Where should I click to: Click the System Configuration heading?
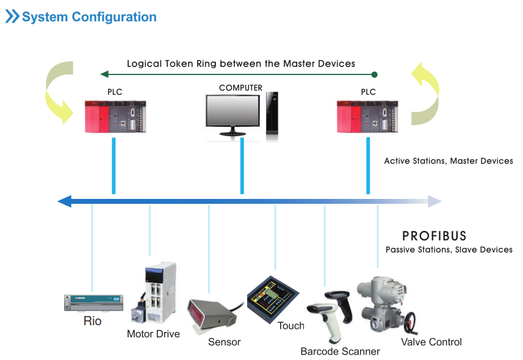[x=89, y=16]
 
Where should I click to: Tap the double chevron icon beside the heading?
[x=12, y=16]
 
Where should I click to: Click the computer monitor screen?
[x=233, y=110]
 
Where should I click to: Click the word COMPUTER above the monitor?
[x=240, y=88]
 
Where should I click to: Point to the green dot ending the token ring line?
[x=374, y=74]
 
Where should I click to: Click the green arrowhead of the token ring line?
[x=104, y=74]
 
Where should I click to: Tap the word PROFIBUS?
[x=434, y=236]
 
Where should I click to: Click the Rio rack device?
[x=94, y=303]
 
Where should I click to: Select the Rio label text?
[x=92, y=321]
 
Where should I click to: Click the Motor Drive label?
[x=153, y=334]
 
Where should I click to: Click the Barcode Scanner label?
[x=340, y=351]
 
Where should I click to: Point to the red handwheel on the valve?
[x=410, y=322]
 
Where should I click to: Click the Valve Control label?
[x=431, y=342]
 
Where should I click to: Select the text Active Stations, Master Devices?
[x=449, y=161]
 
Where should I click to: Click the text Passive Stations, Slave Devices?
[x=449, y=250]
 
